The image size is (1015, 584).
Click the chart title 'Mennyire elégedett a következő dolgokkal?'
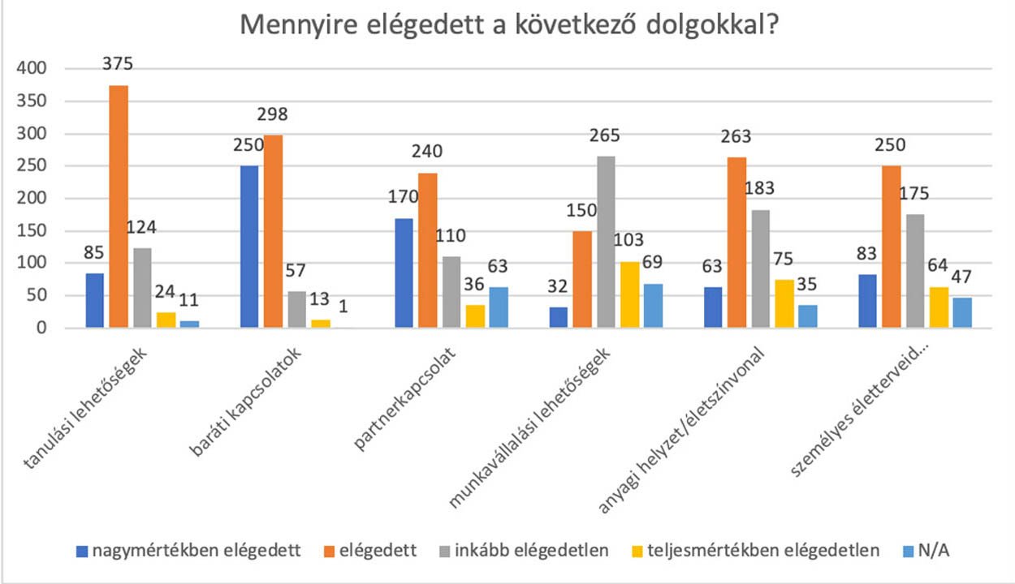point(509,25)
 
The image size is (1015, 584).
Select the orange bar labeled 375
point(119,207)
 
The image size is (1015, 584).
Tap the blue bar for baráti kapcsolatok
point(249,247)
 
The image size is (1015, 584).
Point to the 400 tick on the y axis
point(37,69)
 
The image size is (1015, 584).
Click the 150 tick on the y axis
point(37,231)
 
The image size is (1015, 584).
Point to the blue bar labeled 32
point(559,317)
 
